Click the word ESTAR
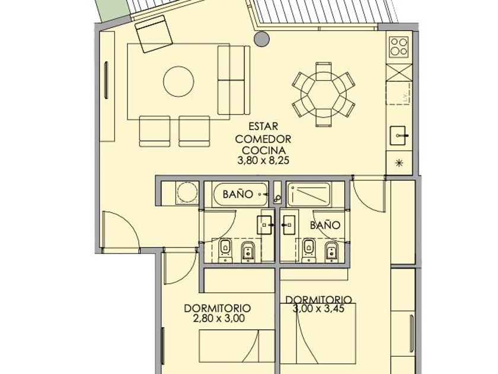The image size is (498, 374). [263, 126]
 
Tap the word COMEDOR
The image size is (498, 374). [263, 139]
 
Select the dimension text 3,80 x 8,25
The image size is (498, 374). [263, 160]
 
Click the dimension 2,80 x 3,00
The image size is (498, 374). [219, 318]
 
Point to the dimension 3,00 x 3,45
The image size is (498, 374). [318, 309]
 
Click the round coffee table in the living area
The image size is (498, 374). [178, 81]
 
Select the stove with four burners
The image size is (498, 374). [399, 47]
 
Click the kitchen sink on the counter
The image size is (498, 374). [399, 135]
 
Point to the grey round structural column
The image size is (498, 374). [261, 39]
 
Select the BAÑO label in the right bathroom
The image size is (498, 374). [325, 226]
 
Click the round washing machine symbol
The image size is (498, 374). [187, 192]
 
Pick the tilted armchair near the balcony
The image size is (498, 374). [154, 34]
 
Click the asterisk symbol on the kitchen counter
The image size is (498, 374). [399, 163]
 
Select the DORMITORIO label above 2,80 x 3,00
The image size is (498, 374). [217, 308]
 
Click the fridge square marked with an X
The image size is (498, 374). [399, 72]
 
